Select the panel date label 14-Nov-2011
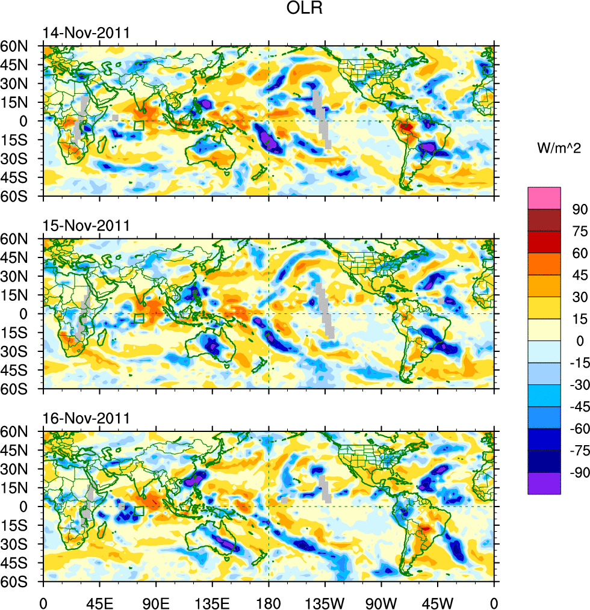pyautogui.click(x=86, y=33)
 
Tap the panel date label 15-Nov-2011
pyautogui.click(x=86, y=226)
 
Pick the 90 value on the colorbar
pyautogui.click(x=579, y=209)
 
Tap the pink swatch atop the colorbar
pyautogui.click(x=544, y=198)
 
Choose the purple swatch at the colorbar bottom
pyautogui.click(x=544, y=484)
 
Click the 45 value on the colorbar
pyautogui.click(x=579, y=276)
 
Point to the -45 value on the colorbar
pyautogui.click(x=577, y=407)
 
